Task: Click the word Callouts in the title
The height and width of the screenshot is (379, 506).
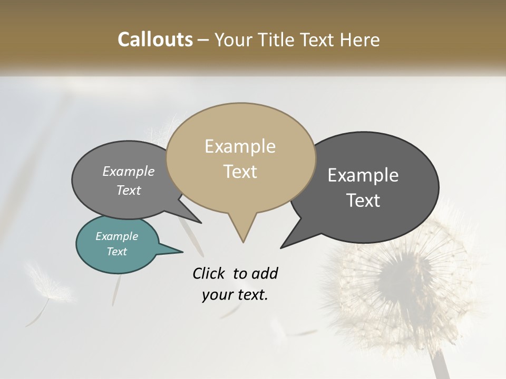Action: (155, 39)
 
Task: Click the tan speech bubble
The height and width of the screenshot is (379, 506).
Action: (241, 158)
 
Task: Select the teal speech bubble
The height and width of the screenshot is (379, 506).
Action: (117, 244)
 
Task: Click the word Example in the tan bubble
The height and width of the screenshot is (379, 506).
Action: (240, 146)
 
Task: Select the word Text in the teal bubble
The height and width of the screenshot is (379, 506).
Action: (117, 252)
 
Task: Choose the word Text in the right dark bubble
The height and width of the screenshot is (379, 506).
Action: (364, 201)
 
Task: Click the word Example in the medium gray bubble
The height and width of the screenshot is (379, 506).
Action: (128, 172)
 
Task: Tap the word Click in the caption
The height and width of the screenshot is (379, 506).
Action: (210, 273)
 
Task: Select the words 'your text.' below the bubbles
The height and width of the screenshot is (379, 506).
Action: (235, 295)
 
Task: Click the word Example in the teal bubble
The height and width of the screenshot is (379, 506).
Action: (117, 236)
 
